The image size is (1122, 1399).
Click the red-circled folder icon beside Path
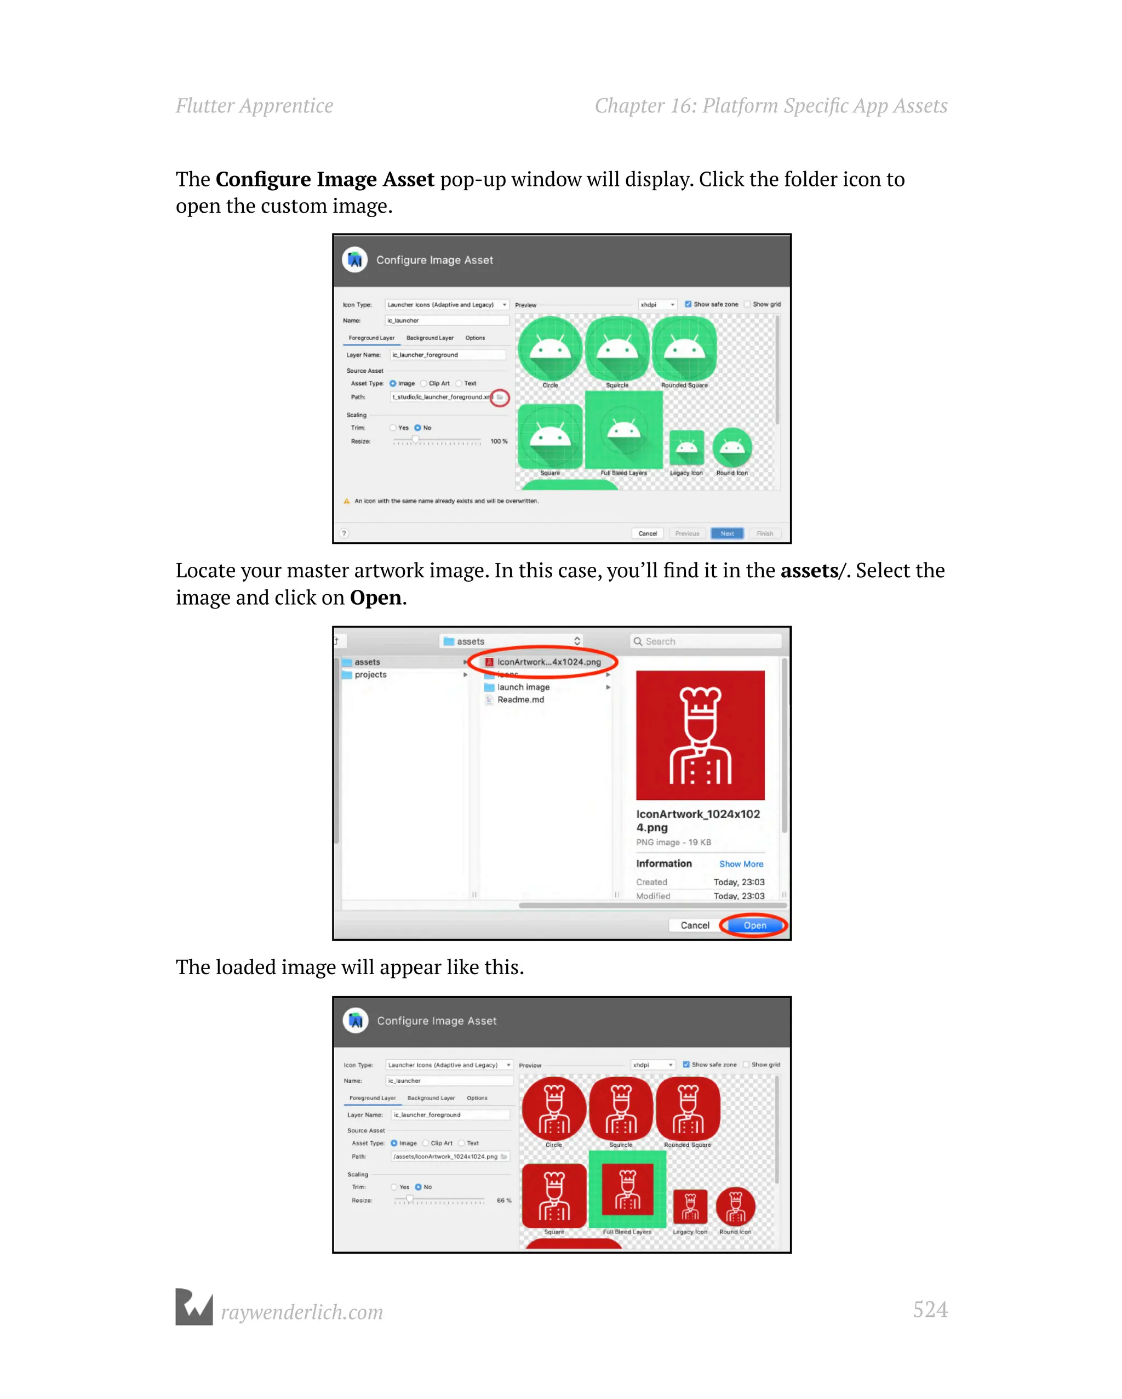pyautogui.click(x=500, y=397)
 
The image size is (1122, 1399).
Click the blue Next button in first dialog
pyautogui.click(x=727, y=533)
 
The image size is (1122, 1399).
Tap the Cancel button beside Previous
pyautogui.click(x=647, y=533)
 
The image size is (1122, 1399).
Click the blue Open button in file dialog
pyautogui.click(x=754, y=925)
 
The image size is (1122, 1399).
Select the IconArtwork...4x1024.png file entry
pyautogui.click(x=548, y=662)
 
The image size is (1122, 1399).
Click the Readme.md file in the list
pyautogui.click(x=520, y=699)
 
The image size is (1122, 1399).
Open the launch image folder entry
pyautogui.click(x=523, y=687)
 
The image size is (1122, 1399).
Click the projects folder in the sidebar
pyautogui.click(x=370, y=675)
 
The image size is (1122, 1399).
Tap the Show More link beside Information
pyautogui.click(x=741, y=865)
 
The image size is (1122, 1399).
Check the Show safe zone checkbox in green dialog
pyautogui.click(x=688, y=304)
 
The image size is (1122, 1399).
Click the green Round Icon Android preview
pyautogui.click(x=732, y=447)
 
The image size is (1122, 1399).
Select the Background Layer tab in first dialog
pyautogui.click(x=430, y=338)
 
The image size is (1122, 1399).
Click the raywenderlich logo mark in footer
pyautogui.click(x=194, y=1307)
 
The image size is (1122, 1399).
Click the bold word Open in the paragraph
pyautogui.click(x=375, y=598)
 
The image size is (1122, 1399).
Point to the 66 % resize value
pyautogui.click(x=504, y=1201)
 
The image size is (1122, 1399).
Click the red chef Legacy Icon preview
pyautogui.click(x=690, y=1207)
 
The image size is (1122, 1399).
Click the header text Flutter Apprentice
pyautogui.click(x=254, y=106)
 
